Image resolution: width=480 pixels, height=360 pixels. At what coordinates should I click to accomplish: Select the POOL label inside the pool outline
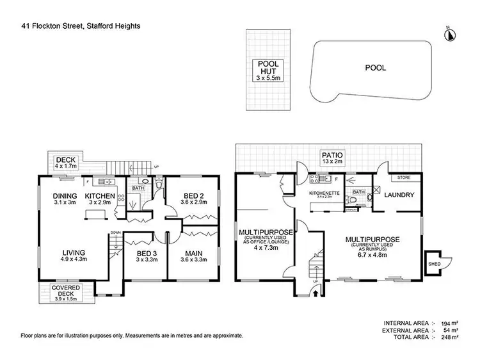pos(375,67)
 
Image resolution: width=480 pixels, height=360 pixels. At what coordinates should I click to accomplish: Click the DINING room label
pos(65,196)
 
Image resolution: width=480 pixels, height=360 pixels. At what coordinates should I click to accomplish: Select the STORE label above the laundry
pos(403,177)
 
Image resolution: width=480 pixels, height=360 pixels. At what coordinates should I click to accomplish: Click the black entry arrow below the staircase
pos(315,294)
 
